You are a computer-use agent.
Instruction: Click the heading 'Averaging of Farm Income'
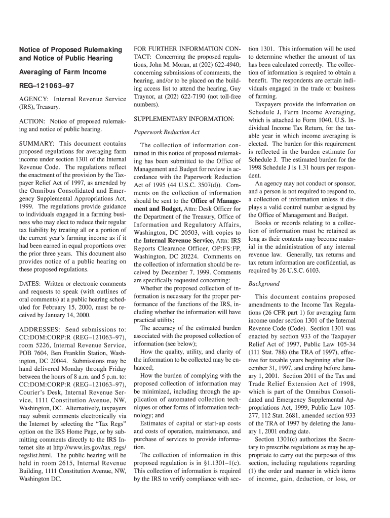tap(63, 72)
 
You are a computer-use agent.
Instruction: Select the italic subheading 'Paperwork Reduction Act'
tap(167, 133)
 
